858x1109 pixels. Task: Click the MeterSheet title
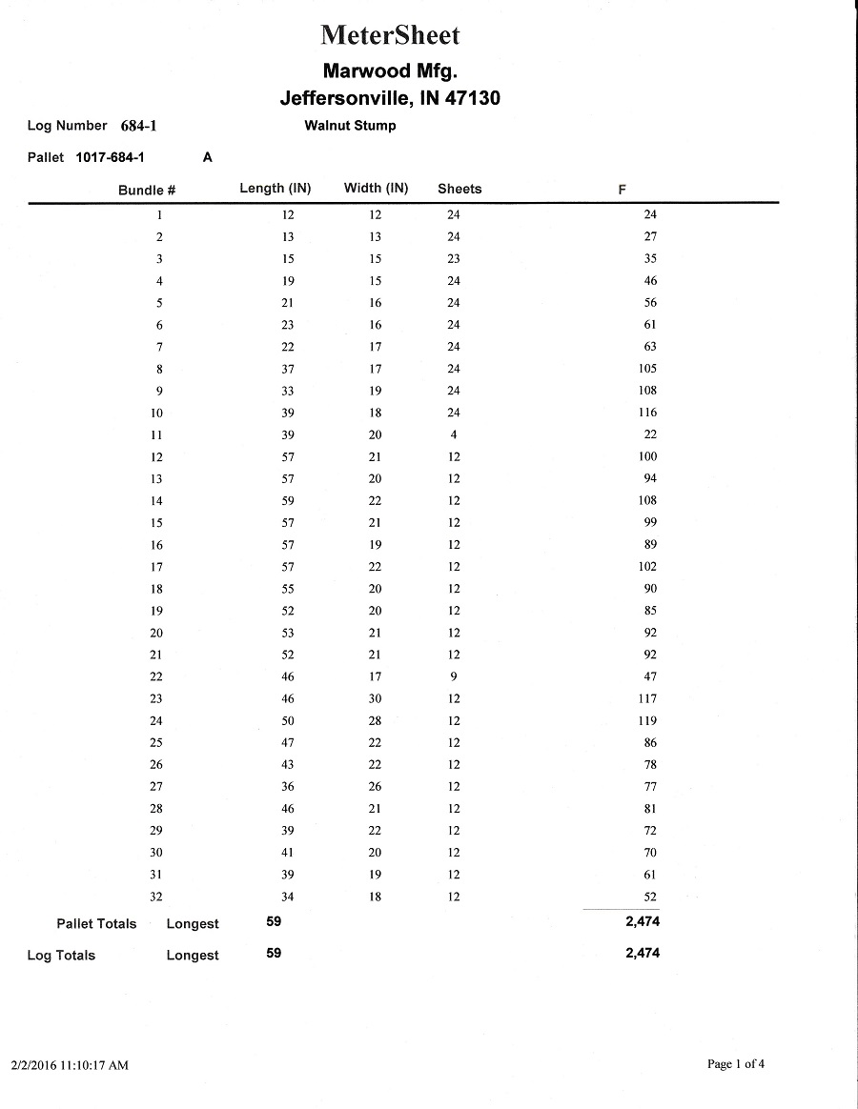coord(390,35)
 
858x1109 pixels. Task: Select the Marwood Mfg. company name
coord(390,71)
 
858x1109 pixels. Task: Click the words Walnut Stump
coord(350,126)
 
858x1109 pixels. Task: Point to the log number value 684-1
coord(138,126)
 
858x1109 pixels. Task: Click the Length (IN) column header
coord(275,189)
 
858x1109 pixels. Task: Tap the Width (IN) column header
coord(376,189)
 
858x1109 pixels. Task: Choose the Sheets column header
coord(460,189)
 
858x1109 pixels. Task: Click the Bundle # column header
coord(147,190)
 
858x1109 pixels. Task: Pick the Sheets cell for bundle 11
coord(454,434)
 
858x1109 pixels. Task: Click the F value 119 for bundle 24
coord(648,721)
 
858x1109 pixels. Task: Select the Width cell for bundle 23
coord(376,698)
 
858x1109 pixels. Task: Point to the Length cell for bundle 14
coord(288,500)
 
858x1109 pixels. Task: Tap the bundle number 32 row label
coord(156,897)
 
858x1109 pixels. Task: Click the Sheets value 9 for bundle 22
coord(454,676)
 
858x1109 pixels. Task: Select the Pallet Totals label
coord(96,923)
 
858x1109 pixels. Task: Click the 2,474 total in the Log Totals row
coord(643,953)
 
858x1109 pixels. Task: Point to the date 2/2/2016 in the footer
coord(34,1065)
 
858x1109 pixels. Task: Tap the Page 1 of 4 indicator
coord(736,1064)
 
